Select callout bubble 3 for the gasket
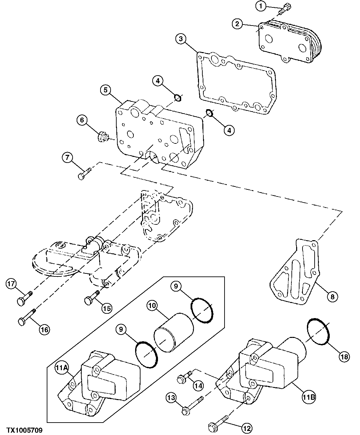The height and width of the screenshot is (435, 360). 181,39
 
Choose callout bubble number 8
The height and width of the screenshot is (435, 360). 332,297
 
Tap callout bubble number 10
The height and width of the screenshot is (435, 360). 152,305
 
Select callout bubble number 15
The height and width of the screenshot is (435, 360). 107,308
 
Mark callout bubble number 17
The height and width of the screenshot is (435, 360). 11,284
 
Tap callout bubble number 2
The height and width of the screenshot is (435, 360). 237,24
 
